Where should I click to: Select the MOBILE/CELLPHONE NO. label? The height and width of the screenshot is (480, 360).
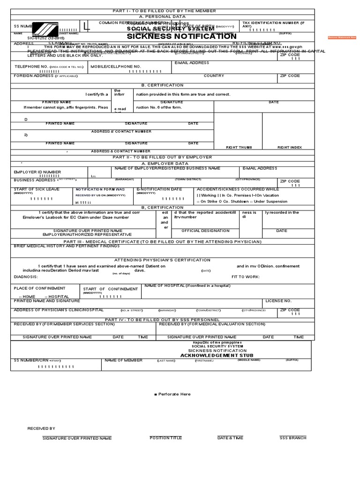(116, 67)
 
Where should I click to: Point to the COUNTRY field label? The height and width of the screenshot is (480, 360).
(214, 76)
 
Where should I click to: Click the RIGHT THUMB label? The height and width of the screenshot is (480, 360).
(239, 147)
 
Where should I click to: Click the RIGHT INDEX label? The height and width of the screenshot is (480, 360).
(289, 147)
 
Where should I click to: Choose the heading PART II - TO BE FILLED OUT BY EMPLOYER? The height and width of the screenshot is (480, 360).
(162, 157)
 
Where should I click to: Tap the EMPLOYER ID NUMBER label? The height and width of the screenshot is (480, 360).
(37, 172)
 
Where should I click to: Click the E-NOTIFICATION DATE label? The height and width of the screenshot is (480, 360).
(159, 189)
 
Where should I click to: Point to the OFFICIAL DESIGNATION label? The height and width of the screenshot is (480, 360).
(205, 231)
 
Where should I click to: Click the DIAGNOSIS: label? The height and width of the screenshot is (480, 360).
(26, 277)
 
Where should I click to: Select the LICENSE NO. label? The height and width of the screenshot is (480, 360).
(278, 300)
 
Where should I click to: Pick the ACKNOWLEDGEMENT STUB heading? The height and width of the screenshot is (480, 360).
(210, 356)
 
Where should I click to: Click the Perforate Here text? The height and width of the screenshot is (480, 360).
(172, 394)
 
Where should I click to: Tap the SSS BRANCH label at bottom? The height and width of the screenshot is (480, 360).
(292, 438)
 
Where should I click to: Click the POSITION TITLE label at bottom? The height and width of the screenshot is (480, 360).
(165, 438)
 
